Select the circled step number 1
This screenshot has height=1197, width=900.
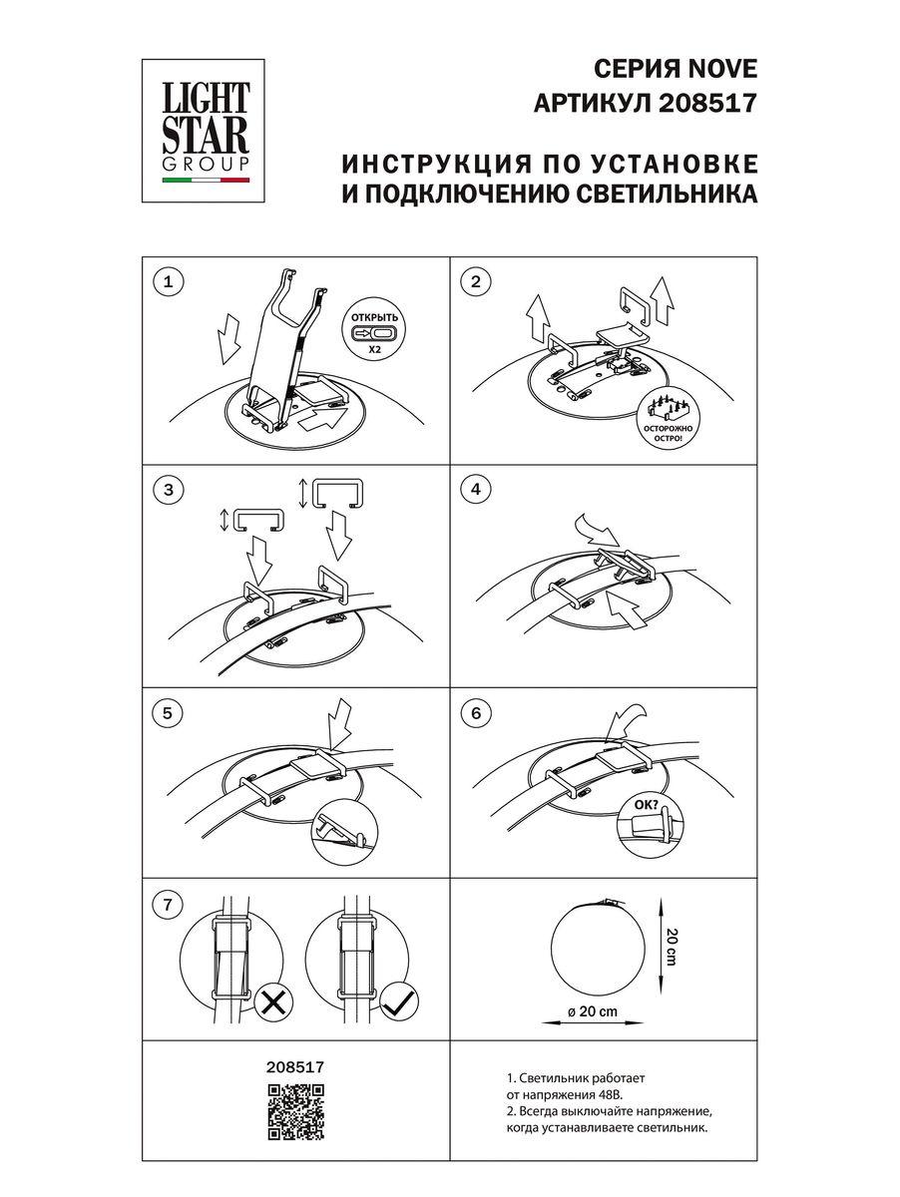(x=168, y=282)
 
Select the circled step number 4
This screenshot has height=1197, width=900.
(x=476, y=489)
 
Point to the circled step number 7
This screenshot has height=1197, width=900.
(x=168, y=906)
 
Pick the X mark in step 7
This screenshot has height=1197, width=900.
(x=270, y=1002)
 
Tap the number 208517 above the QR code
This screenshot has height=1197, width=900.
(x=296, y=1066)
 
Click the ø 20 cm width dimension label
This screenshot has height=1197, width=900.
(x=593, y=1010)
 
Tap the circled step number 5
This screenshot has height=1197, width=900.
(x=168, y=712)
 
